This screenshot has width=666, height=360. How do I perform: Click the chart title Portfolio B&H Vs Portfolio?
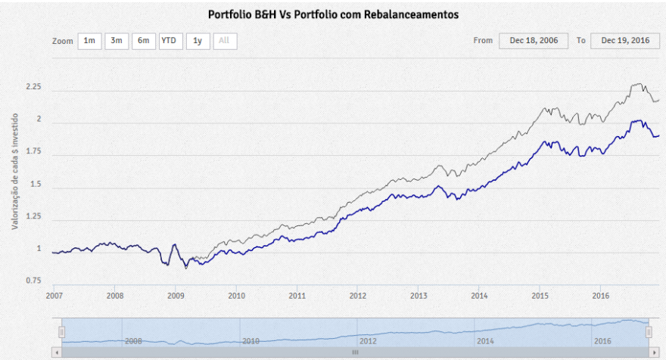[x=333, y=14]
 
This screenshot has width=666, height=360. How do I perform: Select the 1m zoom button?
[x=89, y=41]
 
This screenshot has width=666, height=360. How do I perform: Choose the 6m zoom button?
[x=143, y=41]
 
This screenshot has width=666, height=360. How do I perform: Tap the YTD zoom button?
[x=170, y=41]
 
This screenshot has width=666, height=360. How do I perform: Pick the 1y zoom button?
[x=198, y=41]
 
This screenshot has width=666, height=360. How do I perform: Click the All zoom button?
[x=225, y=41]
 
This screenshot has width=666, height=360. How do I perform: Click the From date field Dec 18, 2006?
[x=534, y=41]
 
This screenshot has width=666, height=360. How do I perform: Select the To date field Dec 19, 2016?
[x=624, y=41]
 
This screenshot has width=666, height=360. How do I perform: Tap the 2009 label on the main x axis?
[x=176, y=296]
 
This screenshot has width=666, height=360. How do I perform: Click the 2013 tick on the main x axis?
[x=419, y=296]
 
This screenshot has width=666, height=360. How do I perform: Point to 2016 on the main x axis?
[x=600, y=296]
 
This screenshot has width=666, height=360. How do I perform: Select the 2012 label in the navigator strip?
[x=368, y=341]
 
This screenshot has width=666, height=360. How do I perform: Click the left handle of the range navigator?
[x=62, y=332]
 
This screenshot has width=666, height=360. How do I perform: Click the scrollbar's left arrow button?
[x=54, y=352]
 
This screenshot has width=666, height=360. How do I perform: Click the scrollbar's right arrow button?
[x=656, y=352]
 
